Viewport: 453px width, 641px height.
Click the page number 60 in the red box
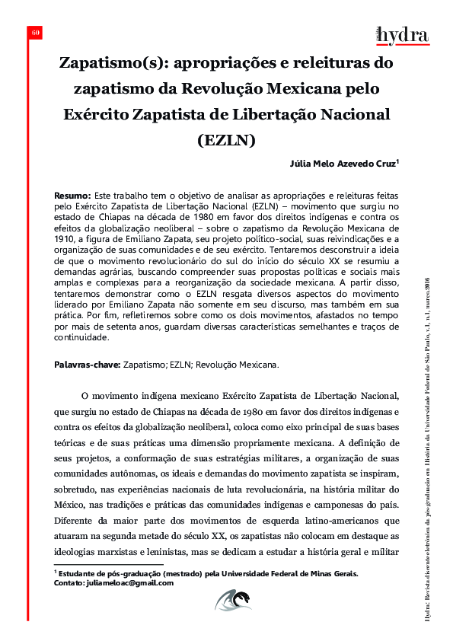(x=35, y=33)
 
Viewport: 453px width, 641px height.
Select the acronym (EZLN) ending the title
(x=226, y=140)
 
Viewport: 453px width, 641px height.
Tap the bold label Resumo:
(x=73, y=196)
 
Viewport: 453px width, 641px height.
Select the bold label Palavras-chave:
(x=87, y=365)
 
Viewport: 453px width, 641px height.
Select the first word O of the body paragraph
(x=85, y=397)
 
